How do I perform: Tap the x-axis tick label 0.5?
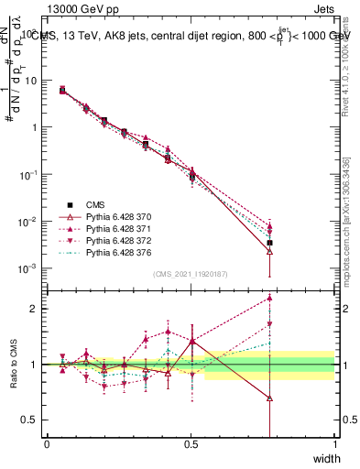click(191, 444)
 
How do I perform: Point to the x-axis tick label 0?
click(47, 444)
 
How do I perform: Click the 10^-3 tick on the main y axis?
click(27, 268)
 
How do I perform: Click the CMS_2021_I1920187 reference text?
click(190, 274)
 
